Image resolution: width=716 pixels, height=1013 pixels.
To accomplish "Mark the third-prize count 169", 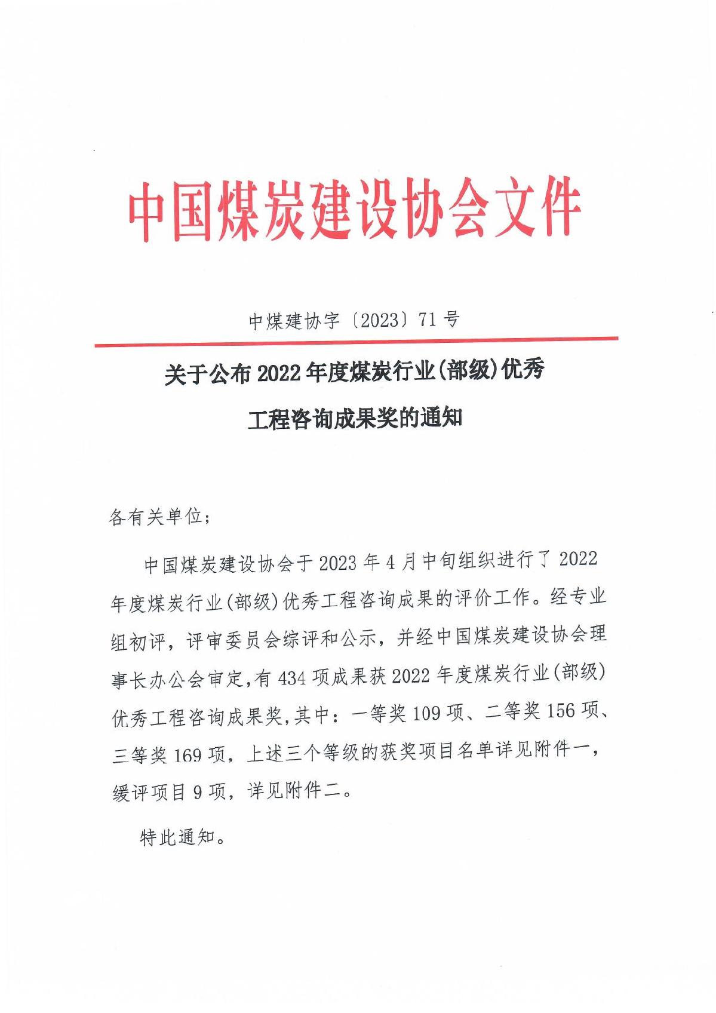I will [188, 755].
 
